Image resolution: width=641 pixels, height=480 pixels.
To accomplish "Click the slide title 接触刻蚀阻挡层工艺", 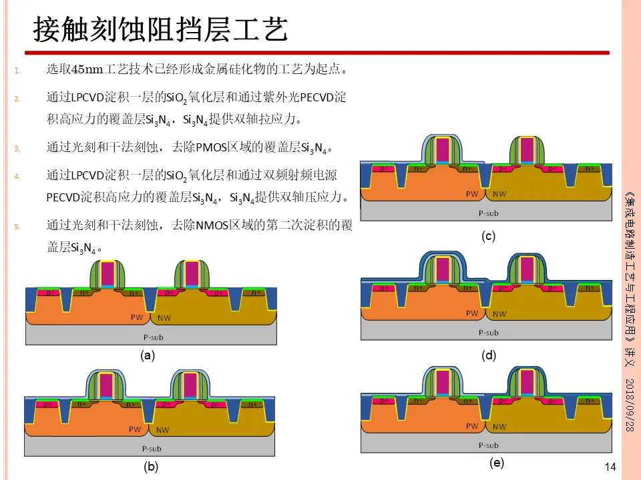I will tap(160, 30).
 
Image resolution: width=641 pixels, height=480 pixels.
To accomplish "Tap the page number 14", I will tap(609, 467).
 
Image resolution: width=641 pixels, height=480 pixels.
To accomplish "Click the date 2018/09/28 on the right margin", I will tap(629, 407).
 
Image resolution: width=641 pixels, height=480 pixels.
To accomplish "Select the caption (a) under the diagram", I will tap(148, 356).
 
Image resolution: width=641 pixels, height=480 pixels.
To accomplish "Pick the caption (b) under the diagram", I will tap(152, 467).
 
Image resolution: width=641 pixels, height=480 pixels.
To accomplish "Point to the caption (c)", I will tap(489, 236).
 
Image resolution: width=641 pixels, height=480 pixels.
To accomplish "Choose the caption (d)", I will tap(489, 355).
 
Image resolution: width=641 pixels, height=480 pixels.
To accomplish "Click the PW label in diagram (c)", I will tap(472, 194).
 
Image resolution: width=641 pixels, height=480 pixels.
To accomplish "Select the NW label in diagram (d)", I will tap(499, 313).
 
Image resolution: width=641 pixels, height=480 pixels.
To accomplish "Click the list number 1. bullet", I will tap(18, 70).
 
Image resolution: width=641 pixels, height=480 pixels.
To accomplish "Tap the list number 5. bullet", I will tap(18, 227).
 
